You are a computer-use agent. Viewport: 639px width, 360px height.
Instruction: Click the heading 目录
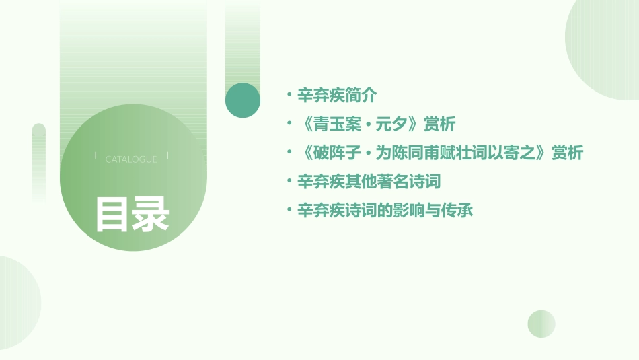132,215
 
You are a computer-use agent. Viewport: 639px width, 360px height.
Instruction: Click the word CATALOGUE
131,159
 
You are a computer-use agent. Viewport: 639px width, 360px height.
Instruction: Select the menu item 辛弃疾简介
337,96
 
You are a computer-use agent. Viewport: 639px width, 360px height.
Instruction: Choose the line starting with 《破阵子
440,153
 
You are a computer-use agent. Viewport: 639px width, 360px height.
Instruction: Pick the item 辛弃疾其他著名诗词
369,182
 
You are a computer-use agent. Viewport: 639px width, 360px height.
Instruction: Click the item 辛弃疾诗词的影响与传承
385,211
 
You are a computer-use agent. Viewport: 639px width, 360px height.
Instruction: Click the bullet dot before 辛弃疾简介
289,96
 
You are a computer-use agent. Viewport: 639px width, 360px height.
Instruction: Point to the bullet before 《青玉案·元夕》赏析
289,124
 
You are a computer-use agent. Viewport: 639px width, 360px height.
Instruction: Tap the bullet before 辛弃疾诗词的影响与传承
289,211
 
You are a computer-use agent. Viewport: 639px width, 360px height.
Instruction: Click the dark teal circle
243,100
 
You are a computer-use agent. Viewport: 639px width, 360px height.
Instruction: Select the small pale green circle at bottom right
541,324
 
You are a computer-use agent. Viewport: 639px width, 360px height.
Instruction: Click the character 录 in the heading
151,215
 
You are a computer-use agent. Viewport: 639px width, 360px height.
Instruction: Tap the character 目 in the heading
112,215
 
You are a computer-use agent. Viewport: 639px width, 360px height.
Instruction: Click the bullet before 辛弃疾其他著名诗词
289,182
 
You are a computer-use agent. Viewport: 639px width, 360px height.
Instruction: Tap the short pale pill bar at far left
39,161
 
